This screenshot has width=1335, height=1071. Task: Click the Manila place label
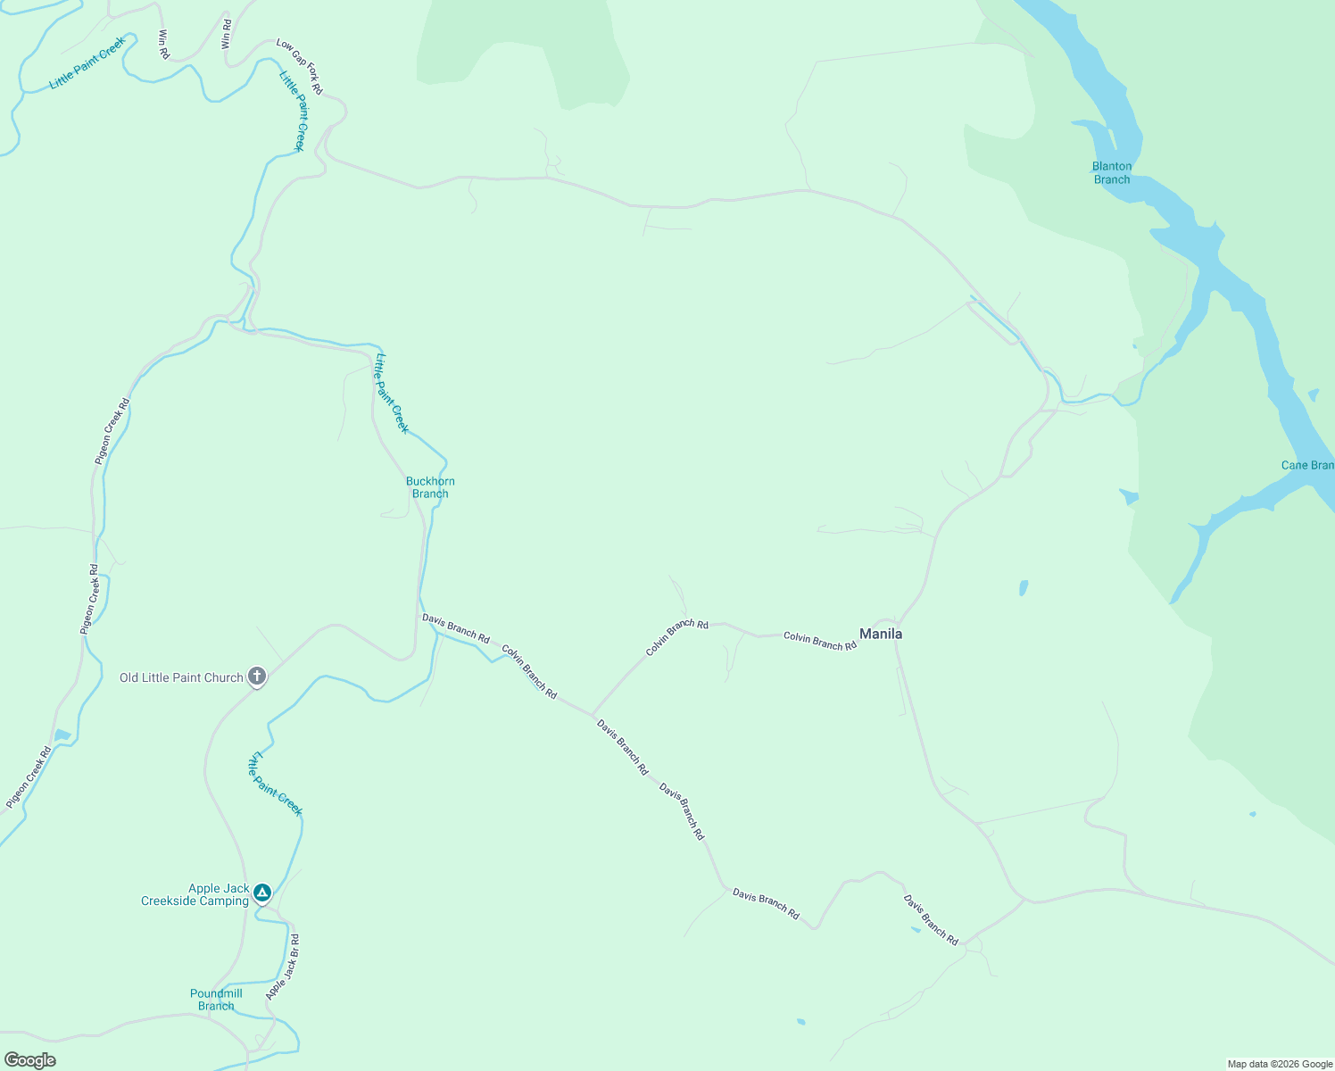(880, 634)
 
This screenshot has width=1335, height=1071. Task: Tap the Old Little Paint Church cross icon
(257, 677)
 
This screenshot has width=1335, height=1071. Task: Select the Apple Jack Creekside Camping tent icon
(261, 892)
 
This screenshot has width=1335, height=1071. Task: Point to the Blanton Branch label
(1112, 172)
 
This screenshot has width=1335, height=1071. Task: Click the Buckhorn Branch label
(430, 487)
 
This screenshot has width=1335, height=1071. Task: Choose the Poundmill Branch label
(216, 1000)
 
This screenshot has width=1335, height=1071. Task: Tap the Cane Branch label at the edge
(1307, 465)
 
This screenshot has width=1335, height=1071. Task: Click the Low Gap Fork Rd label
(299, 66)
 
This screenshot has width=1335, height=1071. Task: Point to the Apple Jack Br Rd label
(283, 967)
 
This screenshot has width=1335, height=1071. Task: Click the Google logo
(29, 1060)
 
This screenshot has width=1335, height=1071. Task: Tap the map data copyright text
(1279, 1064)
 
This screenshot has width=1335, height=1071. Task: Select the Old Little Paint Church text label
(181, 677)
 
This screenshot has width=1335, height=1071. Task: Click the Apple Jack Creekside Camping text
(195, 894)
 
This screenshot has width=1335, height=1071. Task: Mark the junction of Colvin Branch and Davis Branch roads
(592, 715)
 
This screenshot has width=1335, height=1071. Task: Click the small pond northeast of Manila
(1023, 587)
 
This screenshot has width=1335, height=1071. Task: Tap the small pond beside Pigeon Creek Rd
(62, 735)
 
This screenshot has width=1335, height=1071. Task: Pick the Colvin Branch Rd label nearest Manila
(819, 640)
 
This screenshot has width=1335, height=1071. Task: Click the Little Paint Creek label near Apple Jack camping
(275, 783)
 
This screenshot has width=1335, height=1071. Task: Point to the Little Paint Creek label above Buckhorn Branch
(392, 394)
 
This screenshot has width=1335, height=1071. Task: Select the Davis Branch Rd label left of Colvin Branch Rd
(455, 628)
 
